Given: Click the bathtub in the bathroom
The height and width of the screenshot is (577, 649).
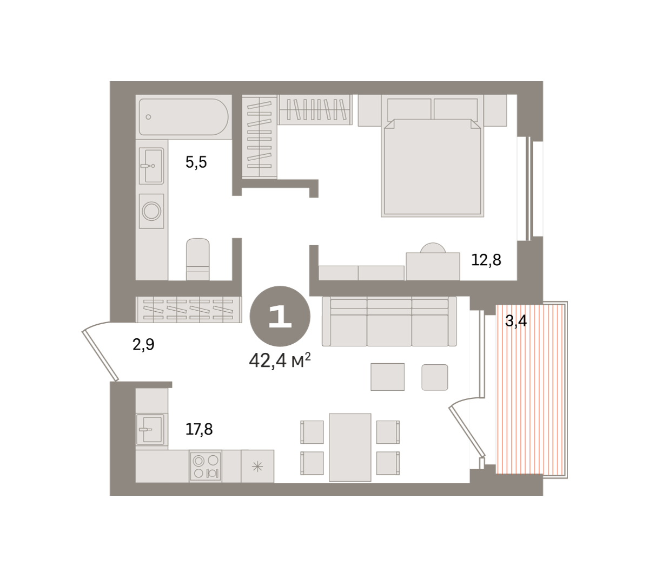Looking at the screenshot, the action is pos(183,117).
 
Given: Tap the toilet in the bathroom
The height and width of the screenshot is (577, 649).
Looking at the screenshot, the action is pos(197,259).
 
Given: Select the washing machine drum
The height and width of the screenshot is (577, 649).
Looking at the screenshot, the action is pos(151,211).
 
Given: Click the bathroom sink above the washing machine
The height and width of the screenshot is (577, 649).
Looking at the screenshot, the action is pos(151,166).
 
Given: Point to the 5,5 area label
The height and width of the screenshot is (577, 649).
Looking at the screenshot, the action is pos(196,162).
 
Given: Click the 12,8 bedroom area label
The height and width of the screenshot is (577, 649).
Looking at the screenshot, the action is pos(486,260).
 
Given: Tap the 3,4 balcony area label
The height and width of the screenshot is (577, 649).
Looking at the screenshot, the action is pos(516,320).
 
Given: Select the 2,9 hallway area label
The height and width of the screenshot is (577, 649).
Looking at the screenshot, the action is pos(143,345).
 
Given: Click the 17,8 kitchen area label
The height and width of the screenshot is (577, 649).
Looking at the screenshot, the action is pos(199,429).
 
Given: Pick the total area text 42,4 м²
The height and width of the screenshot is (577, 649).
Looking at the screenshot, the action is pos(280,361).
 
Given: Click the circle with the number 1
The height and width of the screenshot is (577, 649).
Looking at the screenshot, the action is pos(280,316).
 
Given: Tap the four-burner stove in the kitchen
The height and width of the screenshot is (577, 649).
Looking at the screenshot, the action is pos(206,466).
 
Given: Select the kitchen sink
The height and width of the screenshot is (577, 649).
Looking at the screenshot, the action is pos(150,429).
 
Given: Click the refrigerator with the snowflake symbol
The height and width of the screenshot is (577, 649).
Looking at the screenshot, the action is pos(257,466).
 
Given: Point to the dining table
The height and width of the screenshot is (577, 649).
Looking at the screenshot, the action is pos(350,447).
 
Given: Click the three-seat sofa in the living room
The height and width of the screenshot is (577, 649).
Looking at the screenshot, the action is pos(389,321).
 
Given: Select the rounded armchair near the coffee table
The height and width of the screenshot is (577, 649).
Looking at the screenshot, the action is pos(435,377).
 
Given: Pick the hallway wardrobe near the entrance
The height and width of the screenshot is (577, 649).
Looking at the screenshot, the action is pos(188,309).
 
